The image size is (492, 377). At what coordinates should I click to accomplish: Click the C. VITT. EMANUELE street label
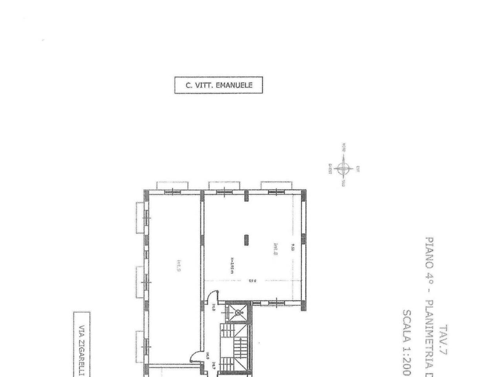tap(218, 85)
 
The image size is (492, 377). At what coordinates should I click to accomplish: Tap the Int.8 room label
tap(276, 250)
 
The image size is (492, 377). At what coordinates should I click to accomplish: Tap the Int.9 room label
tap(179, 266)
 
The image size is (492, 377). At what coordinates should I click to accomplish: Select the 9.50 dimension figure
tap(293, 247)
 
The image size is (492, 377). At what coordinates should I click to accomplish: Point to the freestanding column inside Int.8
tap(247, 240)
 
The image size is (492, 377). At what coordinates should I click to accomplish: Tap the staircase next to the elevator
tap(234, 348)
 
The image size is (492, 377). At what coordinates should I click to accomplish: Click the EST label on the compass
tap(358, 169)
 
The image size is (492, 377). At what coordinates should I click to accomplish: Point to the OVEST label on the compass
tap(330, 169)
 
